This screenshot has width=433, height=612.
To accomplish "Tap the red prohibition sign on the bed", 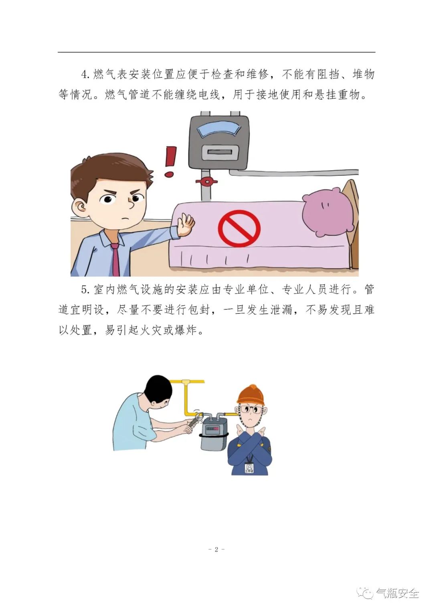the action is click(239, 228).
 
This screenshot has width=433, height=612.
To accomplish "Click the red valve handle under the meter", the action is click(206, 181).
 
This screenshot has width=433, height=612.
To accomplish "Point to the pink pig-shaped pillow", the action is click(328, 211).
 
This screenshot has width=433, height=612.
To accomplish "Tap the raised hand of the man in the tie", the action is click(186, 224).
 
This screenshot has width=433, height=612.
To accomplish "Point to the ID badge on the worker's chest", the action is click(249, 468).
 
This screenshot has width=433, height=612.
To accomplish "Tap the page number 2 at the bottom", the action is click(216, 549).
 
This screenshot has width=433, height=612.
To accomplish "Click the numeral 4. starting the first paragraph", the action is click(85, 75).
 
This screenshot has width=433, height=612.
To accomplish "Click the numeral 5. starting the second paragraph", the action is click(85, 290).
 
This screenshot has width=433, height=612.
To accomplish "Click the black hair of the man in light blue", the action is click(158, 389).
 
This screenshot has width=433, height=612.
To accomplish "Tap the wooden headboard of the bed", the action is click(351, 218).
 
